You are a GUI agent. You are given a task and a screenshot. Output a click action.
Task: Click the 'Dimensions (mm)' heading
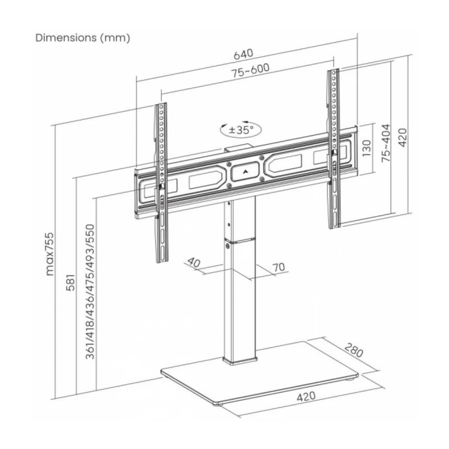(x=83, y=38)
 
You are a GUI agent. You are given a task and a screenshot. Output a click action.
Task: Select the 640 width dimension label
(x=243, y=54)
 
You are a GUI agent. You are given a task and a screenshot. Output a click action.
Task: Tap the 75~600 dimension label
(x=251, y=70)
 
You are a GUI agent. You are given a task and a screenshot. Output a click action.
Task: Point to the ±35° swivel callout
(x=241, y=129)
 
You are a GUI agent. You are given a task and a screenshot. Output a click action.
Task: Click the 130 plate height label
(x=367, y=148)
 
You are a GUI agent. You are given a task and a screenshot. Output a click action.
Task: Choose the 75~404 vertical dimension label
(x=386, y=143)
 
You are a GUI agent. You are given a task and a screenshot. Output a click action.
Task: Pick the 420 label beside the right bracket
(x=403, y=137)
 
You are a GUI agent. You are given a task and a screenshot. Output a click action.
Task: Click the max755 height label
(x=50, y=254)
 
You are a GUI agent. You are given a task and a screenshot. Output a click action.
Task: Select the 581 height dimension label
(x=70, y=282)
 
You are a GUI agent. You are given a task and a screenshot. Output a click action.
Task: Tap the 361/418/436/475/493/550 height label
(x=90, y=291)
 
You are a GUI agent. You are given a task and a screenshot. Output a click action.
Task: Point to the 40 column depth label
(x=194, y=262)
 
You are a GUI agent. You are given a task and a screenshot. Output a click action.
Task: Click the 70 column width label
(x=279, y=267)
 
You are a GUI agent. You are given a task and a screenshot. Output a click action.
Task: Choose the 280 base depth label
(x=354, y=350)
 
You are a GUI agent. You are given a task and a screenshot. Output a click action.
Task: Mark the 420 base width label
(x=306, y=397)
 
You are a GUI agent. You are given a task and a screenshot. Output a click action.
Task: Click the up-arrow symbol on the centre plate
(x=245, y=172)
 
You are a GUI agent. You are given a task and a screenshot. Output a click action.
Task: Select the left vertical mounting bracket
(x=161, y=183)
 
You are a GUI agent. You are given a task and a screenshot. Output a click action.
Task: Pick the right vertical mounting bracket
(x=333, y=149)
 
